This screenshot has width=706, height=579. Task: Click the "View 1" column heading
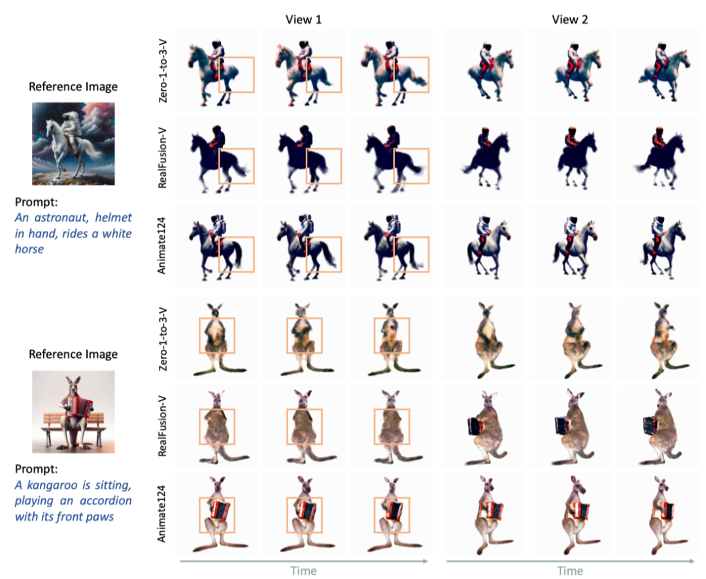coord(303,20)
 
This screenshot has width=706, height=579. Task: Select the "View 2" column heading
coord(570,20)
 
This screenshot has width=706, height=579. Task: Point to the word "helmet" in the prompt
coord(114,217)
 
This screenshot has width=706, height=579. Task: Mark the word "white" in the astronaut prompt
coord(117,234)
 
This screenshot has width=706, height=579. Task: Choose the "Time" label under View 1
coord(303,571)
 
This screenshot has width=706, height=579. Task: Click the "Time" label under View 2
coord(570,571)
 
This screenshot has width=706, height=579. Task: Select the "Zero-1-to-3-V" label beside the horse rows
coord(163,71)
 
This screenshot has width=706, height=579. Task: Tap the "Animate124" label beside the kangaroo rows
coord(161,514)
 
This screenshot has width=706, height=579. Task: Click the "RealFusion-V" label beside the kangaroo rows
coord(162,427)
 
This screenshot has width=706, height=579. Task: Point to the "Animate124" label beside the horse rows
coord(161,245)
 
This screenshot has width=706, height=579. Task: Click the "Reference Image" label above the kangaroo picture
coord(73,354)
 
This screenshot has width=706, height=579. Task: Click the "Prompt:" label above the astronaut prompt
coord(37,202)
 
